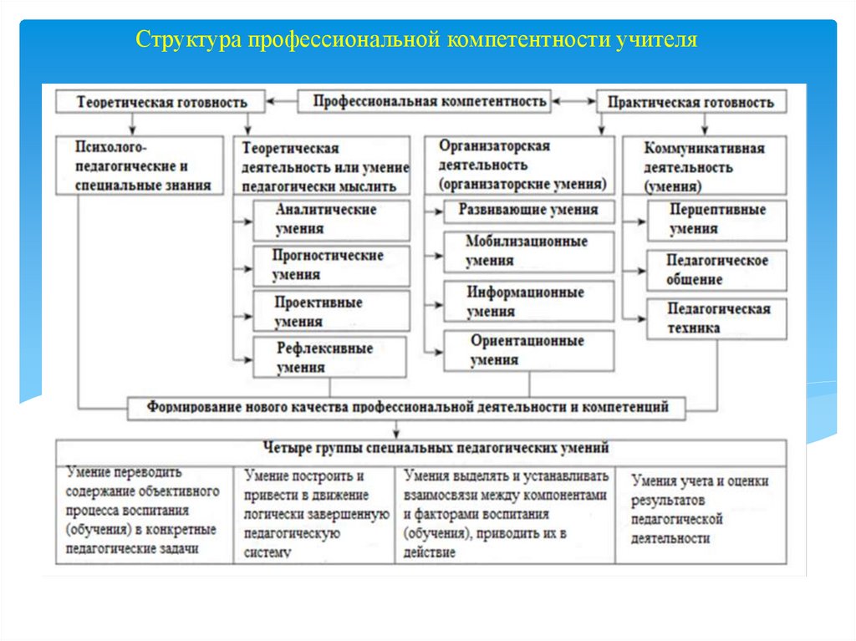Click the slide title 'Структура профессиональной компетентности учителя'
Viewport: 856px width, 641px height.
416,39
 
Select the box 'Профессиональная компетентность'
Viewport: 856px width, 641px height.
430,101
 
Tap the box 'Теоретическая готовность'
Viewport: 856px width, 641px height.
161,102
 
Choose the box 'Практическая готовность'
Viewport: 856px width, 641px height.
690,102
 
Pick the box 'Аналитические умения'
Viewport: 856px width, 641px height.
332,220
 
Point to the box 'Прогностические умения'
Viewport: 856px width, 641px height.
332,265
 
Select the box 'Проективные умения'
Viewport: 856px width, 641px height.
332,310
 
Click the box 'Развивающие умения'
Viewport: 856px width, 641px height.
528,210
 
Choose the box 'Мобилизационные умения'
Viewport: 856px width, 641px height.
528,252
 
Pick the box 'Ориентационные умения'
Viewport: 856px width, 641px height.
528,351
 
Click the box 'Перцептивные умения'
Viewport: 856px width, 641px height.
716,220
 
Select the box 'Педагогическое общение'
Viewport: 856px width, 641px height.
716,270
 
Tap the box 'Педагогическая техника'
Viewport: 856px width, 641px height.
716,318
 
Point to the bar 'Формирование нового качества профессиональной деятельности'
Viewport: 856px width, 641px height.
407,408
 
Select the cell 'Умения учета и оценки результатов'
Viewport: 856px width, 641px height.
701,510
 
